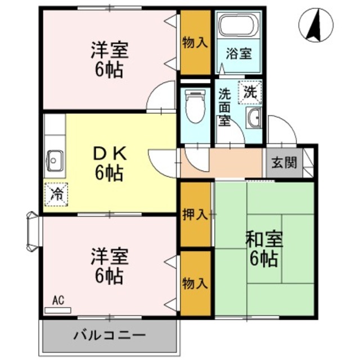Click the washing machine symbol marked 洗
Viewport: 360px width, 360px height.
click(x=250, y=92)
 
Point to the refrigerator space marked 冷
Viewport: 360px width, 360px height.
click(x=56, y=194)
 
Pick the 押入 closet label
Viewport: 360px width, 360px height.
click(x=195, y=214)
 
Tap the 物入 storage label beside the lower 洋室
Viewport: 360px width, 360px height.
click(x=195, y=284)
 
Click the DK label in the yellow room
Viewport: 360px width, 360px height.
click(x=110, y=152)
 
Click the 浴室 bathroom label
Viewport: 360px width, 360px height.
click(x=238, y=55)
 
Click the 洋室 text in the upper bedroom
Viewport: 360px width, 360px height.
click(x=110, y=51)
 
